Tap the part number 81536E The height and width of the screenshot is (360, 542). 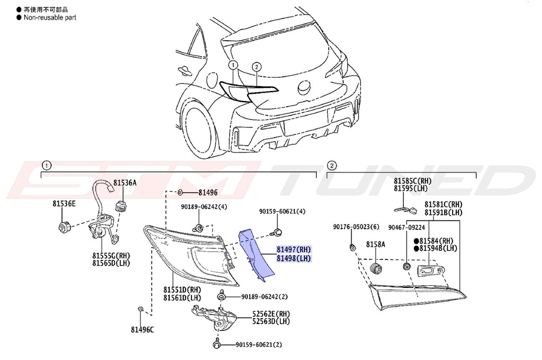click(x=64, y=203)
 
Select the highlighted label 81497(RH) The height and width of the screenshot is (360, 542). click(x=293, y=249)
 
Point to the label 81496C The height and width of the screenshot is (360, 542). click(x=142, y=329)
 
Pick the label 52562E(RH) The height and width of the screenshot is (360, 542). click(x=271, y=313)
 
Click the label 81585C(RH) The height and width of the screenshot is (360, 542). click(x=412, y=181)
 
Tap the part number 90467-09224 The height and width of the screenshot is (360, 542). click(x=406, y=227)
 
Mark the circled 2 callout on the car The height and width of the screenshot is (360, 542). click(x=256, y=67)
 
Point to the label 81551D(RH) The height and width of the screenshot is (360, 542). click(x=182, y=290)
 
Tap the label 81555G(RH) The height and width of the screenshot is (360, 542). click(x=111, y=255)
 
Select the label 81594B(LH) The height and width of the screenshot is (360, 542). click(x=439, y=248)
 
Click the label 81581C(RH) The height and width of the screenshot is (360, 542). click(x=443, y=204)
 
